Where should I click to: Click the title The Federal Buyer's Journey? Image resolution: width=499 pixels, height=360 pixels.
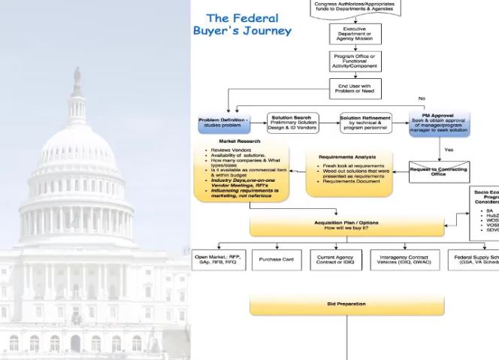click(241, 24)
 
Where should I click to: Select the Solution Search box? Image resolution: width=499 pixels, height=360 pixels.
click(293, 121)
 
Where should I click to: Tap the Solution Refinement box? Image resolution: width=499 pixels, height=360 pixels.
click(365, 121)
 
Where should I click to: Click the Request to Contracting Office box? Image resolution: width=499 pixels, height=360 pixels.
click(439, 171)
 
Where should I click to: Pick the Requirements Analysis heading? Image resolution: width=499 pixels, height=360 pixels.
click(347, 157)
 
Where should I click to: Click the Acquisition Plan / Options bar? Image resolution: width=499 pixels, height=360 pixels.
click(347, 225)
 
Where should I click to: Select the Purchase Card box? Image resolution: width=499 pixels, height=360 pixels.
click(277, 260)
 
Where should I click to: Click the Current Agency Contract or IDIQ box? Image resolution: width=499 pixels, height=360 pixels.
click(335, 260)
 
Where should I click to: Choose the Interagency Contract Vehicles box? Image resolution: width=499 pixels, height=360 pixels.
click(404, 260)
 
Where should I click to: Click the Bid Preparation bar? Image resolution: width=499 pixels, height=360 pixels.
click(347, 304)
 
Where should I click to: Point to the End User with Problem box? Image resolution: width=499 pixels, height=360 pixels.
click(355, 89)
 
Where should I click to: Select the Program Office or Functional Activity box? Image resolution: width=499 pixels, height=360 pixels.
click(355, 61)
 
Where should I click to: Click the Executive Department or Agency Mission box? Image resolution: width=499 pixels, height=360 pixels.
click(355, 34)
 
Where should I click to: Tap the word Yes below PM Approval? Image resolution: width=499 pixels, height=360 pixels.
click(449, 150)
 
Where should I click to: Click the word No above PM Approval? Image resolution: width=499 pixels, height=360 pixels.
click(422, 98)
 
